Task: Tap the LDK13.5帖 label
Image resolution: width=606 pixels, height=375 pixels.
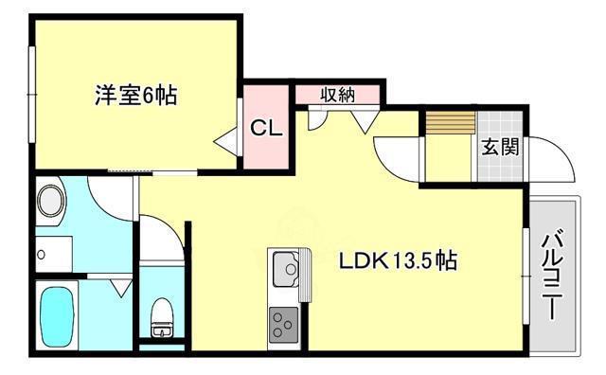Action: click(x=399, y=260)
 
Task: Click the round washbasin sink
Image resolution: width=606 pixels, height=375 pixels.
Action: click(x=51, y=202)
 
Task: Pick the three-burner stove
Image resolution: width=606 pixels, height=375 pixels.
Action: click(x=283, y=327)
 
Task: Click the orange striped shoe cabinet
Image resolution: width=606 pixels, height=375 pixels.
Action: click(x=448, y=124)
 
